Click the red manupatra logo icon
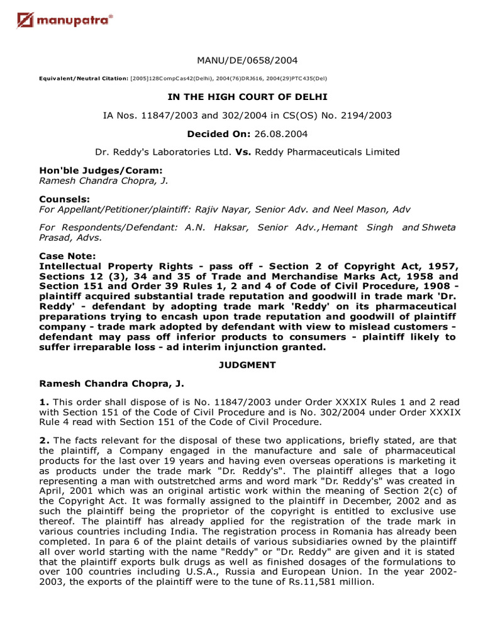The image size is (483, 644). (25, 22)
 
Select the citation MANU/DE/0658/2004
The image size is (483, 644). (247, 60)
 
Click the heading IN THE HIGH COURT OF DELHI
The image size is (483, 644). (247, 97)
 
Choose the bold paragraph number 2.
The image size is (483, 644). (43, 440)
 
